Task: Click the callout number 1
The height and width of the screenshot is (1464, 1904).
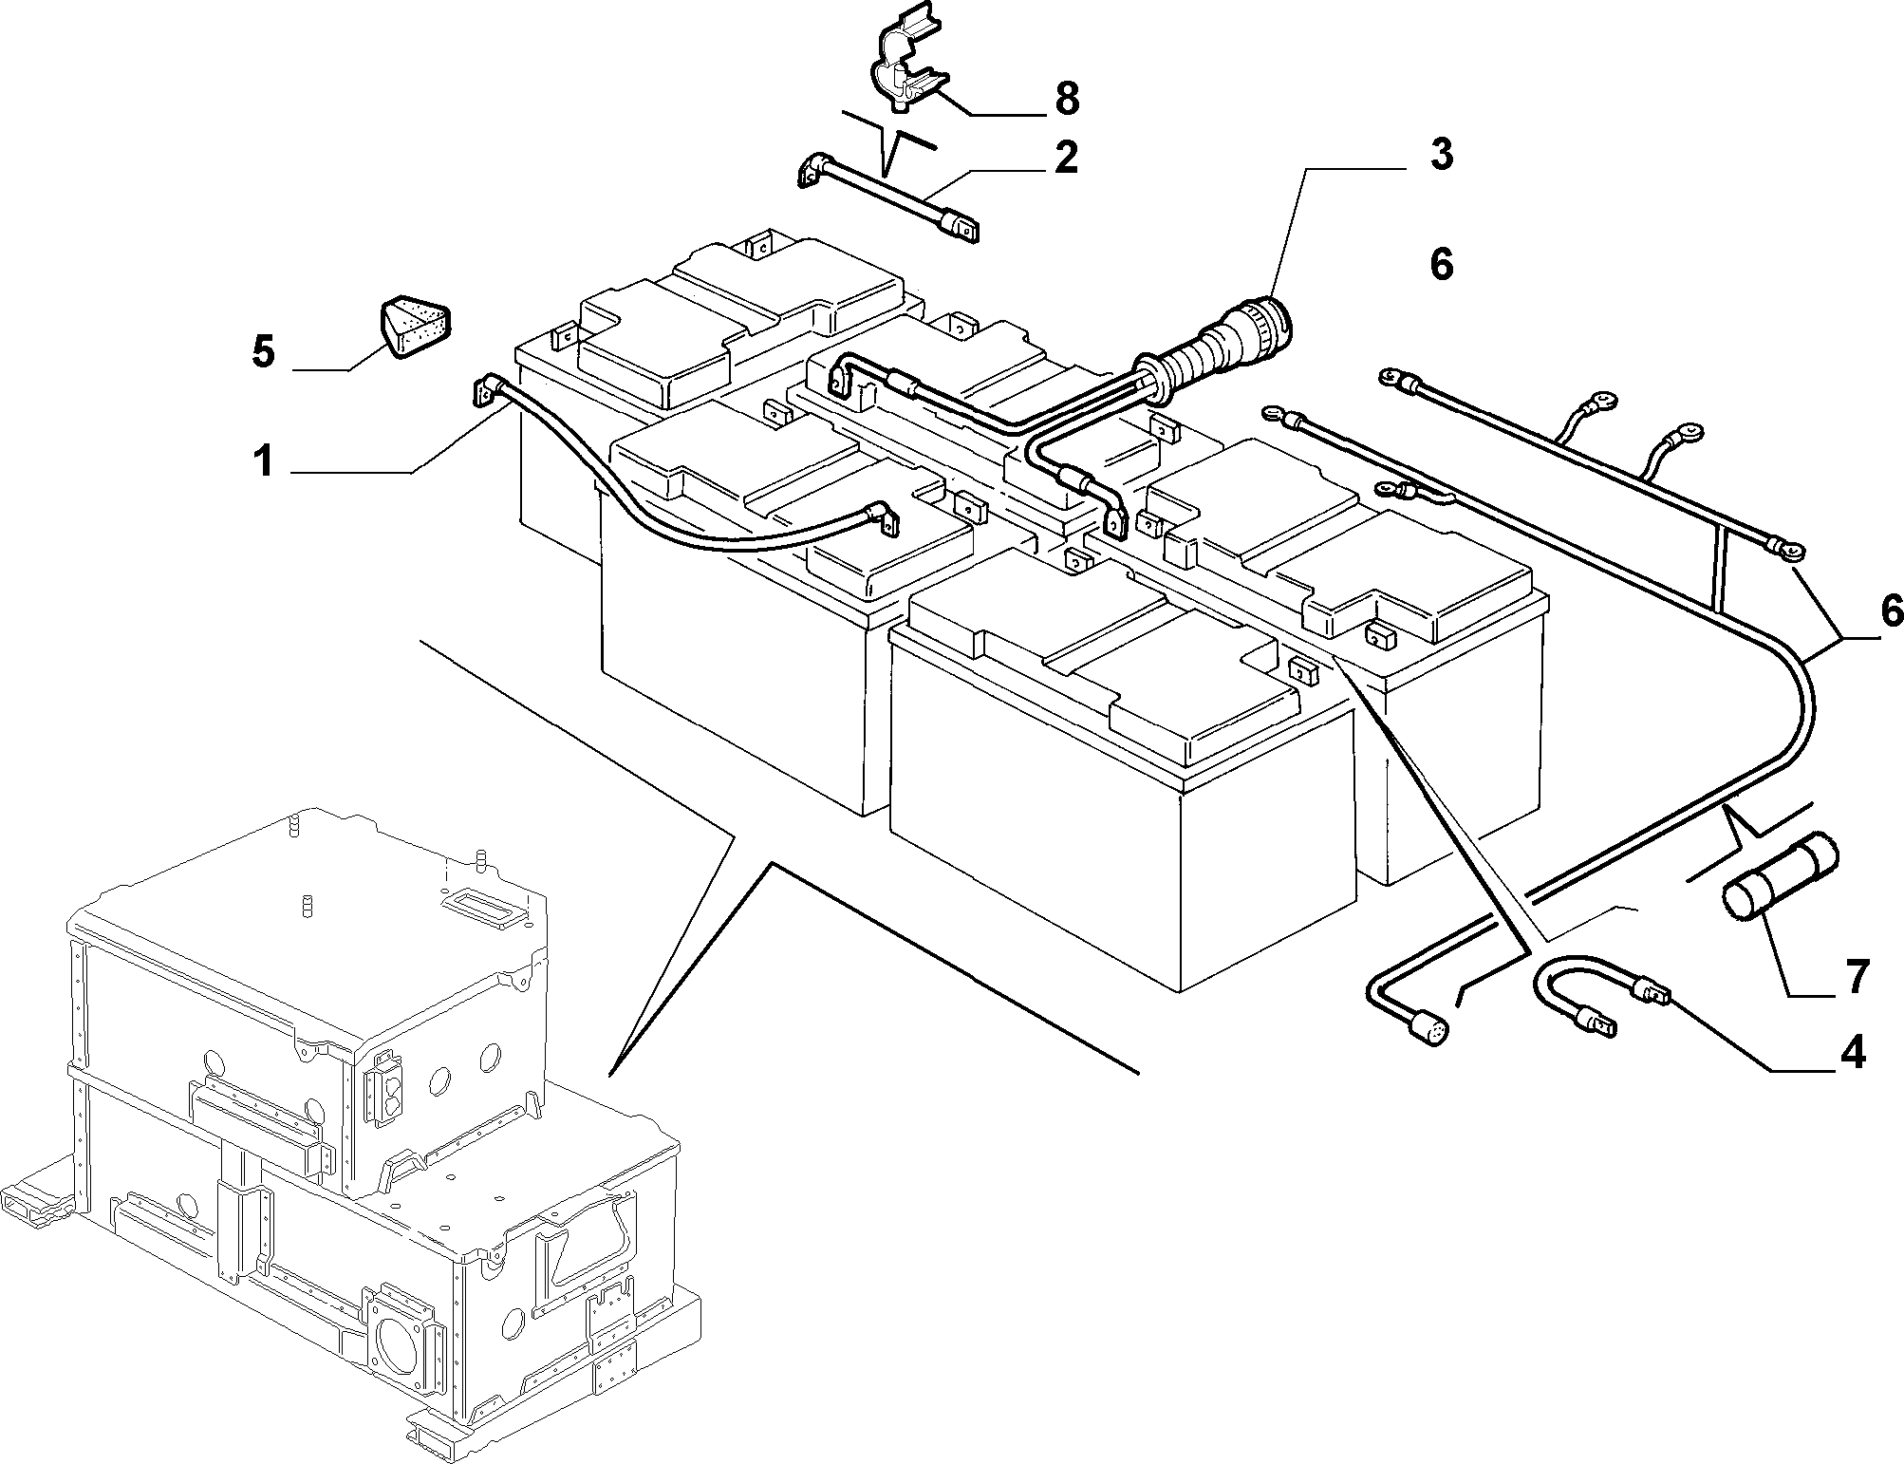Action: [x=263, y=464]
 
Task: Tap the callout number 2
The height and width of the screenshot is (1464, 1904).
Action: [x=1066, y=158]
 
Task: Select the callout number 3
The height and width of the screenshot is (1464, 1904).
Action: [x=1441, y=155]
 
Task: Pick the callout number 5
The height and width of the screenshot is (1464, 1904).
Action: [x=263, y=352]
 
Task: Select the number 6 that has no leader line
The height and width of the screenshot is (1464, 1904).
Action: [x=1441, y=265]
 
